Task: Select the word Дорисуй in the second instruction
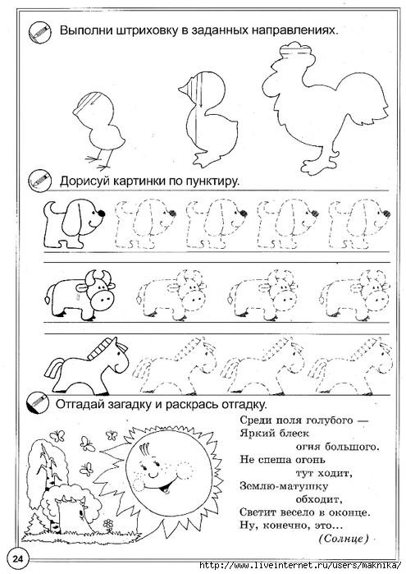tap(87, 180)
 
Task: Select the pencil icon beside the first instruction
tap(34, 32)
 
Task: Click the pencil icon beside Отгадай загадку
tap(34, 406)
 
